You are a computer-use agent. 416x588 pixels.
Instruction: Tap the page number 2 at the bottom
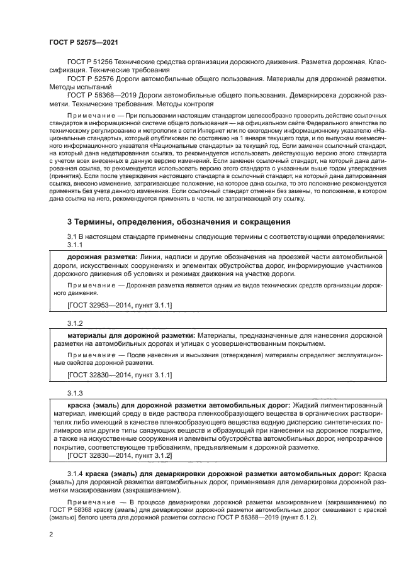[x=50, y=535]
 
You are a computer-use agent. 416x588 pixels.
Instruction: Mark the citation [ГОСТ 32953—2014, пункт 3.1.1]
[x=120, y=304]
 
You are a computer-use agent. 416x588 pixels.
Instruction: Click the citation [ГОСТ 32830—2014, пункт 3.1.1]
[x=120, y=375]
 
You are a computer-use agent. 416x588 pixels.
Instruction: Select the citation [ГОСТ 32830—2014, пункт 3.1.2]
[x=120, y=454]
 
